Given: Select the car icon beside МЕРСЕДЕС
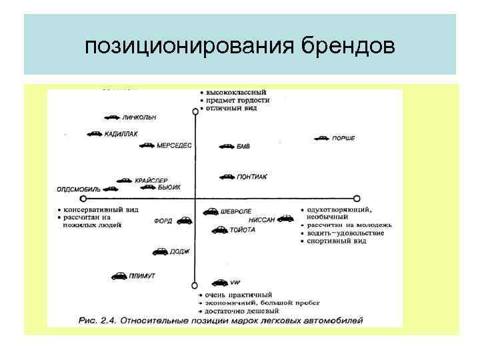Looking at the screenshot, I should [x=147, y=145].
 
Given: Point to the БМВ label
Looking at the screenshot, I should [x=244, y=146].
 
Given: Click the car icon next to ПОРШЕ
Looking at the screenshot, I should [x=322, y=139].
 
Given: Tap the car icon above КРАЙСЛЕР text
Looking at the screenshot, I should [x=124, y=180].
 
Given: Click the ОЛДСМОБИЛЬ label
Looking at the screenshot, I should [x=78, y=189].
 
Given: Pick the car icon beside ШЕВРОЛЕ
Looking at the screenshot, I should [x=210, y=212].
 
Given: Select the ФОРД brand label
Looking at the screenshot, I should [x=164, y=221].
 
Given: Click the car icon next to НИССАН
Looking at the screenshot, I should [x=285, y=218].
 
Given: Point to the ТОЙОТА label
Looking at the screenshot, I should [x=243, y=230].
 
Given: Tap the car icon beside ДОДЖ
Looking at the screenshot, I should [x=161, y=252].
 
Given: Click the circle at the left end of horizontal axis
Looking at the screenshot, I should [x=83, y=199].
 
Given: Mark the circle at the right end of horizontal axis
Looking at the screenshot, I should [x=357, y=199].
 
